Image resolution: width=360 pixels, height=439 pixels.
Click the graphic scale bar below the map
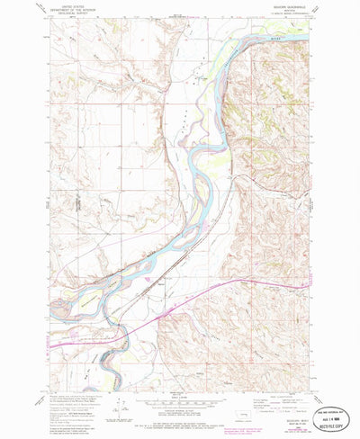pos(180,402)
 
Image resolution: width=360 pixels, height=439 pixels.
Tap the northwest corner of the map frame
pos(51,20)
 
